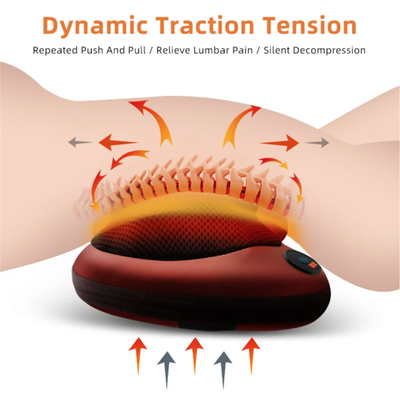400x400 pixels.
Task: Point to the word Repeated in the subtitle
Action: click(x=55, y=50)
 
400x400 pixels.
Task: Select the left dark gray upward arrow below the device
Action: click(x=166, y=366)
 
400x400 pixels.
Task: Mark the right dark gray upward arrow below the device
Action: click(x=222, y=366)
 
